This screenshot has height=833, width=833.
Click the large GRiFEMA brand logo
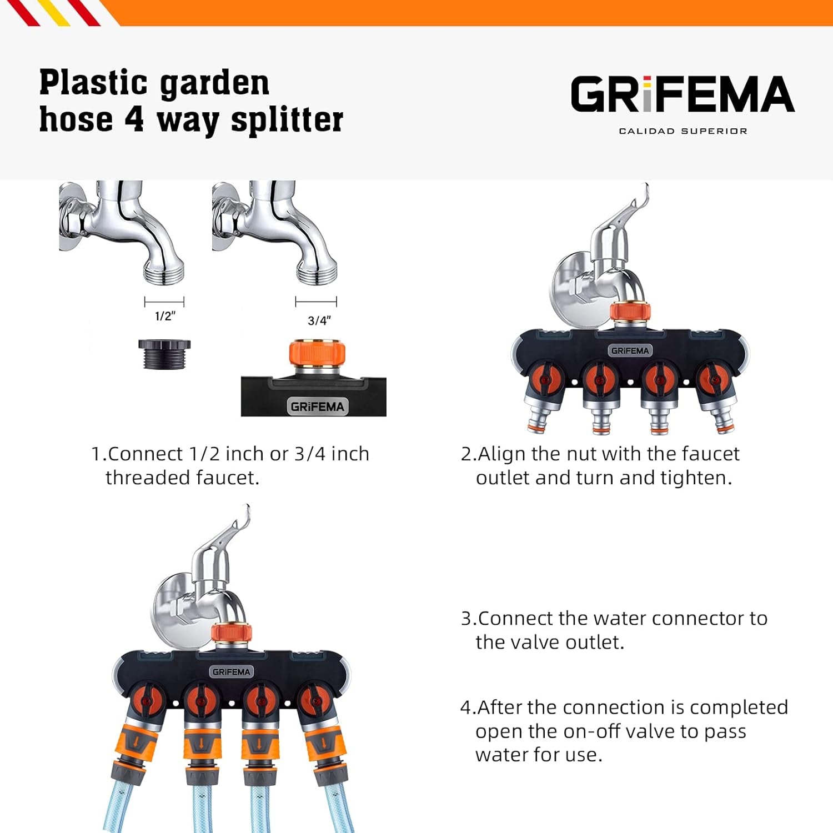[683, 94]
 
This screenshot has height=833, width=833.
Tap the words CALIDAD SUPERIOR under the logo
[683, 131]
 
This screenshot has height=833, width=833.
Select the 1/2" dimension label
[165, 316]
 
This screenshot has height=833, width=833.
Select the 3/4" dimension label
[319, 320]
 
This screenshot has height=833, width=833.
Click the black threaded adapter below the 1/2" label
[164, 354]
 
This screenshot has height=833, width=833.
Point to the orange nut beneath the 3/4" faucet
[317, 353]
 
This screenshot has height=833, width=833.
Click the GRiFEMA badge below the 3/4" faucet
[317, 406]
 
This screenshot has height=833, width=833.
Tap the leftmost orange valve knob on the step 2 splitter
[545, 380]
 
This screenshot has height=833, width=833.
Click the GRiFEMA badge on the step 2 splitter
[629, 350]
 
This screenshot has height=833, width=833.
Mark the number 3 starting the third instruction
[466, 618]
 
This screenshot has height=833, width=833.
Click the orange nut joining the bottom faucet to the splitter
[232, 633]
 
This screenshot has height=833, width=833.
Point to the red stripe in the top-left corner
[25, 12]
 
